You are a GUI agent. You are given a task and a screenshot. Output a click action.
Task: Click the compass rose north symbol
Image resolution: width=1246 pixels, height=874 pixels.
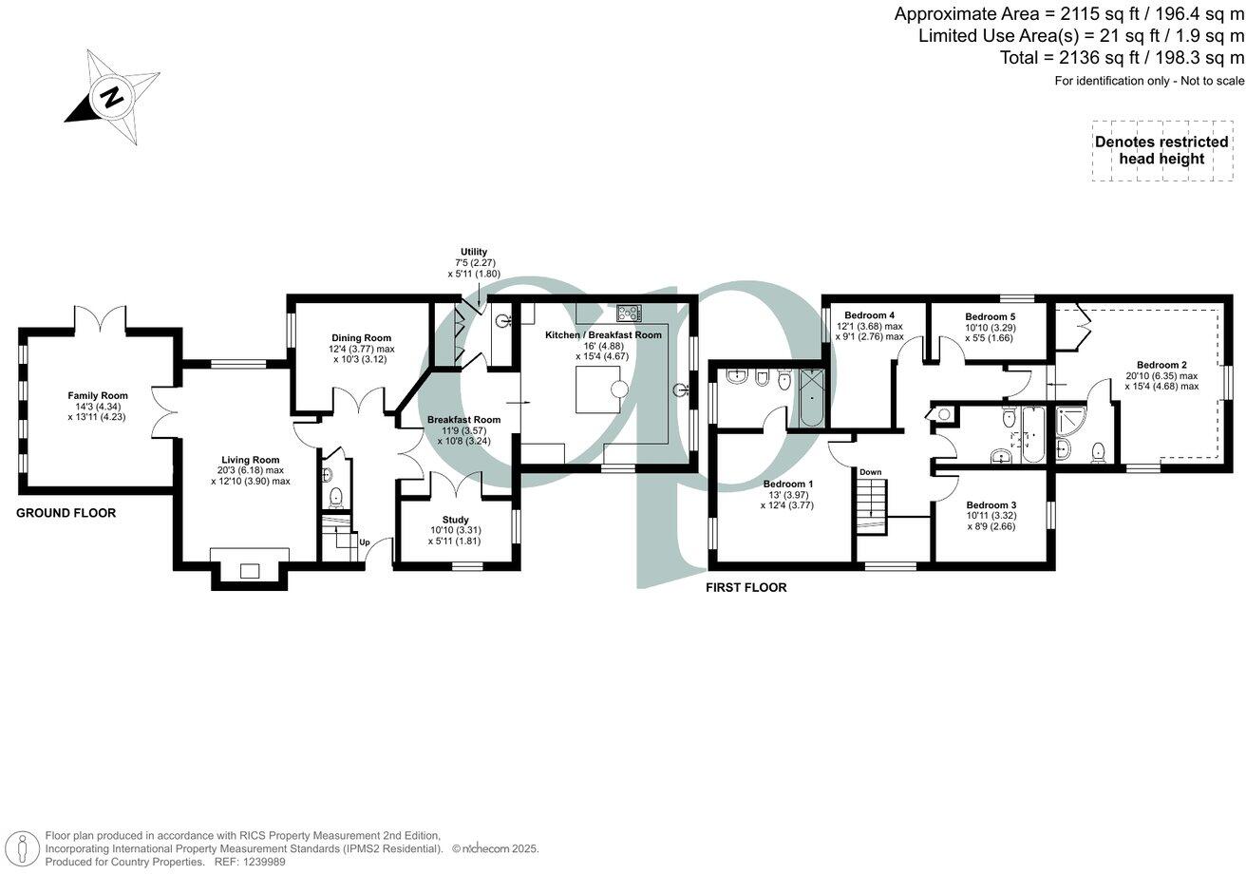click(x=112, y=97)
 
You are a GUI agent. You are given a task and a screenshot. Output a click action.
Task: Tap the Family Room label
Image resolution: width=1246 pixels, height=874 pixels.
click(x=97, y=396)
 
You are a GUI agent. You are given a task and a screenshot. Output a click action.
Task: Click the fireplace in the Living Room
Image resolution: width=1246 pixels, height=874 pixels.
click(x=249, y=570)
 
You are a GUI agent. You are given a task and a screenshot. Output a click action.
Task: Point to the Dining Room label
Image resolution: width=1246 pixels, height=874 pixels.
click(x=361, y=337)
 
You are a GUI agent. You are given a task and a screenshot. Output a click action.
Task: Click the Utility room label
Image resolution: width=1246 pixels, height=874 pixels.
click(x=474, y=252)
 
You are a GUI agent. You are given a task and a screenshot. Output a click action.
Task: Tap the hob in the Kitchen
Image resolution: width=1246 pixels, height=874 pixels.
click(x=629, y=312)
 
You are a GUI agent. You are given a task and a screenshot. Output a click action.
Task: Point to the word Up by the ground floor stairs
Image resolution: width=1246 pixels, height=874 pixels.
click(x=364, y=542)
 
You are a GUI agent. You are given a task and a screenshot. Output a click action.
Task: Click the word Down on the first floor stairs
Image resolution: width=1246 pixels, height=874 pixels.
click(x=871, y=472)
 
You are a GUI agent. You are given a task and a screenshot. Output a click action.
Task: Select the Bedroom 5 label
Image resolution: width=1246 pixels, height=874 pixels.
click(x=991, y=316)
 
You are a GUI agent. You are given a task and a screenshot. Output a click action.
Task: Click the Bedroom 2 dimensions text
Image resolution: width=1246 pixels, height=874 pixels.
click(x=1161, y=381)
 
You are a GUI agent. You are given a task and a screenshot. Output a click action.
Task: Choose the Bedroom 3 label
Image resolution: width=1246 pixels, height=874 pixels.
click(x=991, y=505)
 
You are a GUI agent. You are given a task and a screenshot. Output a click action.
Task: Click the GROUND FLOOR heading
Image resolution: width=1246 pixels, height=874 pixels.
click(x=66, y=513)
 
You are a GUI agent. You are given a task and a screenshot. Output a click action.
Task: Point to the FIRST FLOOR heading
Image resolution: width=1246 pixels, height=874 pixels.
click(x=746, y=587)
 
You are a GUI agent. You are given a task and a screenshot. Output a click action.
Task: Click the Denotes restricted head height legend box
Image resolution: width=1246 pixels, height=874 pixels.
click(x=1161, y=150)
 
